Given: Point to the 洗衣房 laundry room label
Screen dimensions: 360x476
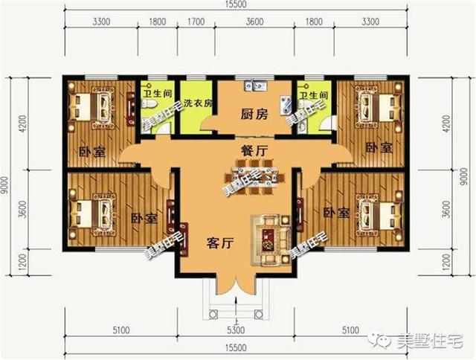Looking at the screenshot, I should (199, 102).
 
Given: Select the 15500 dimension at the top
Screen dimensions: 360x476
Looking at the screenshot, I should (237, 6).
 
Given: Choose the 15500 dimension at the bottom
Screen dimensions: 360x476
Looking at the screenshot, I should (237, 347).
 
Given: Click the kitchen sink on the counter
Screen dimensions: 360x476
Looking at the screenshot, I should (254, 86).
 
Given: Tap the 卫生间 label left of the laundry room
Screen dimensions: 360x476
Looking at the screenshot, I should (156, 94).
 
